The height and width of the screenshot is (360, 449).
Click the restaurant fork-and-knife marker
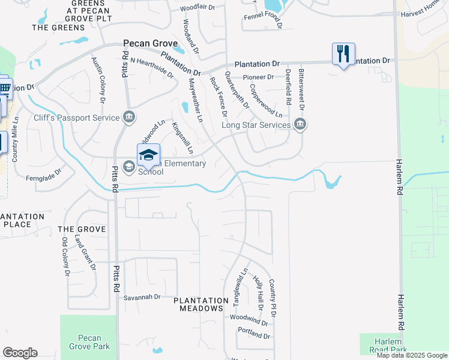pos(343,54)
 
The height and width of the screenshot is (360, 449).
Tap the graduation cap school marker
pos(148,156)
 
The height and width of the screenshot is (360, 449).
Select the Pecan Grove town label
pos(150,43)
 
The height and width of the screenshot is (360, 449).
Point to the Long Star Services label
pos(256,125)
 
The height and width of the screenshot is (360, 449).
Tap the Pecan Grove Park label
pos(89,342)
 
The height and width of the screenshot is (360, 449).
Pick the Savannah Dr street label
pos(143,296)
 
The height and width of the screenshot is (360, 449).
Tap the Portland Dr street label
pos(252,331)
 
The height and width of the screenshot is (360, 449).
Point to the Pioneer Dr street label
pos(258,77)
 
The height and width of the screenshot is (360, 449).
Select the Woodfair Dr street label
pos(197,9)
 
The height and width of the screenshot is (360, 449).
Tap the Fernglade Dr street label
pos(44,178)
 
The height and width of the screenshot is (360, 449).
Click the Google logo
pos(20,353)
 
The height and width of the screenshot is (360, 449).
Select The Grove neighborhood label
pos(82,229)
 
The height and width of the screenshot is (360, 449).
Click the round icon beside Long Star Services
pos(301,125)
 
